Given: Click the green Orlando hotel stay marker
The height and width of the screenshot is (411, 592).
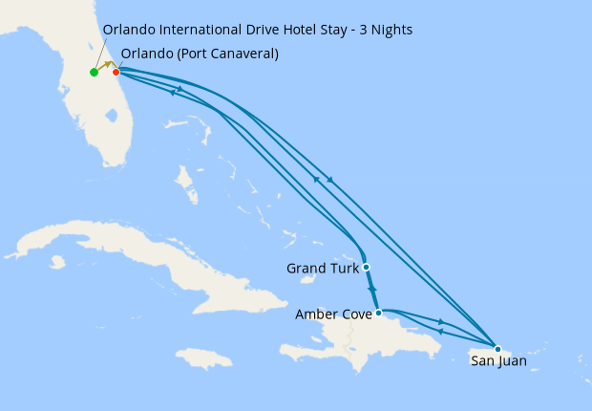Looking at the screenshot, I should point(94,73).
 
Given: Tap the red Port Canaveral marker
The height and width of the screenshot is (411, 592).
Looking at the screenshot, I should point(116,72).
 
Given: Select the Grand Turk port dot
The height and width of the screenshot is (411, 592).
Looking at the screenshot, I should point(367,268).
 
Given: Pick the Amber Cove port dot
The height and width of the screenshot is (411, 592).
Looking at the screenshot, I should point(379,313).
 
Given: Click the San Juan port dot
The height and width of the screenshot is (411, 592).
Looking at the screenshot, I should point(497,349).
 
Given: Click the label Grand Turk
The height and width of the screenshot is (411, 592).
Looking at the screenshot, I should point(322,269).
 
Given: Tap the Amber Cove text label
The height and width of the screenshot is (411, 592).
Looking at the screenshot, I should point(334,314).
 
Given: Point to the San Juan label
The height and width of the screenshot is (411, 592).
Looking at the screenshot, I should point(498,361).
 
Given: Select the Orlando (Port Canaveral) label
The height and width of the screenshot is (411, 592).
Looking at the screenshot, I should point(201,54).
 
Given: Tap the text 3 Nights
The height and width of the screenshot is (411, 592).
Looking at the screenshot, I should point(384,30).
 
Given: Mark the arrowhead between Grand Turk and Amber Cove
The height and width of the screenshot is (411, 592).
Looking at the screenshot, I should point(372,289).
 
